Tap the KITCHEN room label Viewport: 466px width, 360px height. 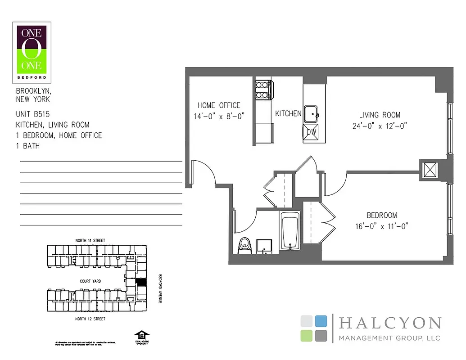tap(288, 114)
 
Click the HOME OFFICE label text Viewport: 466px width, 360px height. tap(219, 105)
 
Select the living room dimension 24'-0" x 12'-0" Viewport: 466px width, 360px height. tap(380, 126)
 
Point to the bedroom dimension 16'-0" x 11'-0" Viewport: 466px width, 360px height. tap(381, 227)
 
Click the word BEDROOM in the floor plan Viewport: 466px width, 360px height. tap(381, 216)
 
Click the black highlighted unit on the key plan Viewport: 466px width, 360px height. tap(141, 283)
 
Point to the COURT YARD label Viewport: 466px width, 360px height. tap(90, 281)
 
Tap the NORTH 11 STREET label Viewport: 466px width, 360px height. tap(90, 241)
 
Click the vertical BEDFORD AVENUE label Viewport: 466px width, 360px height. tap(159, 288)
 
